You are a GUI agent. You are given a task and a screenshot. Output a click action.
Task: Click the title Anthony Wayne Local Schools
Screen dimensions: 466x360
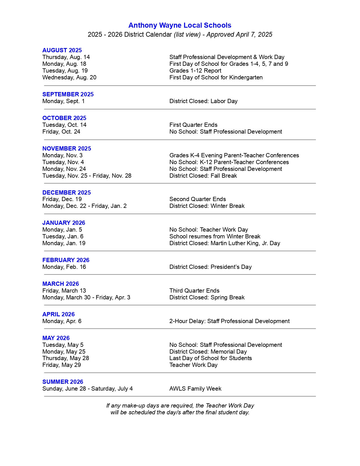180,25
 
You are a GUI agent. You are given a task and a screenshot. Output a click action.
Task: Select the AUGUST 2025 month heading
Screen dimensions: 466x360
62,50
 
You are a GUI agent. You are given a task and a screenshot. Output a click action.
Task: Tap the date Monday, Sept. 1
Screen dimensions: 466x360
64,101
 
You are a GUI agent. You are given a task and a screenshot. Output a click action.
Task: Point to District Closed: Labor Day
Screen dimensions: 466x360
203,101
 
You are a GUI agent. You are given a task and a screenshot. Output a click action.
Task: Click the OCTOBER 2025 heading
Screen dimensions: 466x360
64,118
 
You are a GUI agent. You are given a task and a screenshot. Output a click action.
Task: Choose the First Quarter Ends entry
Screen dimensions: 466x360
193,125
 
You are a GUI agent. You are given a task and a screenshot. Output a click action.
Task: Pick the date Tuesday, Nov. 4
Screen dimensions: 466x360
63,162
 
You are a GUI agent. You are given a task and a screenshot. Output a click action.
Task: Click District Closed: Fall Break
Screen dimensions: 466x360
203,176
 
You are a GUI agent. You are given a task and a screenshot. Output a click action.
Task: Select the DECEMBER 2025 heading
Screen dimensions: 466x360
67,193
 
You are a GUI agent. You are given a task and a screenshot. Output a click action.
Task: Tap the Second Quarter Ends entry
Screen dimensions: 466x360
198,199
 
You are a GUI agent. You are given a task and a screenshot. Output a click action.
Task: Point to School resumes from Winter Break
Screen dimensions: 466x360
215,236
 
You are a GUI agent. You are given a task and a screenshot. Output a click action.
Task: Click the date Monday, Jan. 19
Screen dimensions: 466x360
64,243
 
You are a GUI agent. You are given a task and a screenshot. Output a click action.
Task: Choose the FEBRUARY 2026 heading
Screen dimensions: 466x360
66,260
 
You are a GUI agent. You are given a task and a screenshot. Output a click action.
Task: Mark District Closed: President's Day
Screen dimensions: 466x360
210,267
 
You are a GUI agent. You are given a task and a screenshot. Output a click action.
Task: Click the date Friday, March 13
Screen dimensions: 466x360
64,291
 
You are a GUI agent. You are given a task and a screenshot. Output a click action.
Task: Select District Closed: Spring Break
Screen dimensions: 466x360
207,297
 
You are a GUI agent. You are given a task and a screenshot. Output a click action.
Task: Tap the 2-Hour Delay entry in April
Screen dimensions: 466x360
230,321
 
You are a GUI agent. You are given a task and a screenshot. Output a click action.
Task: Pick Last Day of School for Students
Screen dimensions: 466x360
211,358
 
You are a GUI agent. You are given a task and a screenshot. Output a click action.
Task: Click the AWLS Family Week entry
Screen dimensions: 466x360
195,389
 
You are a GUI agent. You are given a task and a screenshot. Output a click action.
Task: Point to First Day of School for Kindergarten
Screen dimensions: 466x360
216,77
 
